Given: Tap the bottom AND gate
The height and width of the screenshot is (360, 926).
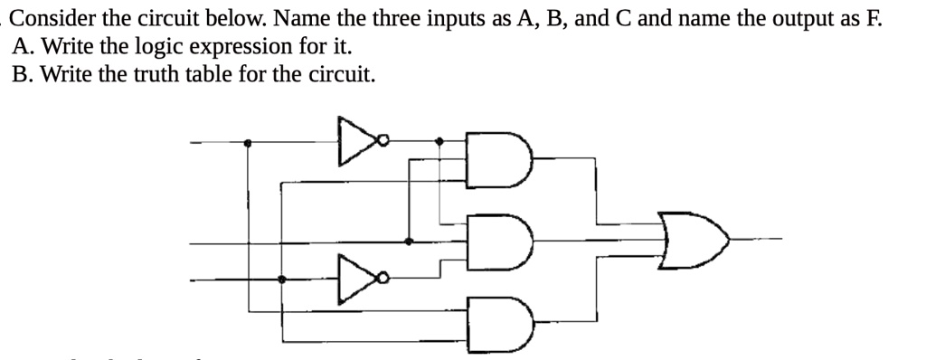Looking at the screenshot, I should [x=500, y=320].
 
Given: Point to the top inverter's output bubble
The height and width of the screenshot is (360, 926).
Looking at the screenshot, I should [x=384, y=141].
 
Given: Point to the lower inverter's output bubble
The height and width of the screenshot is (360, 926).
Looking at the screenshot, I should [x=384, y=279].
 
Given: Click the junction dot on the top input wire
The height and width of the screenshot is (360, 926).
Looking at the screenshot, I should [x=249, y=142].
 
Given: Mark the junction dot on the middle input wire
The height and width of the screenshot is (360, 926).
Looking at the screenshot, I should [x=409, y=242].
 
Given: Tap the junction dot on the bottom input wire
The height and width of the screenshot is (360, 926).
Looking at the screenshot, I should [x=282, y=280].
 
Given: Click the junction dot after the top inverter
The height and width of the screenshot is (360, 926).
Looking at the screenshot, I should [x=439, y=142].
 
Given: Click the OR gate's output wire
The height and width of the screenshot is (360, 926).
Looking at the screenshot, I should [x=755, y=240].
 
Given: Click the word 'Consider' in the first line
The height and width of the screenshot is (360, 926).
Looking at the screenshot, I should [x=51, y=18].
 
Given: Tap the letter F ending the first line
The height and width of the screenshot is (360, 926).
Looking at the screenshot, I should [x=874, y=18].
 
